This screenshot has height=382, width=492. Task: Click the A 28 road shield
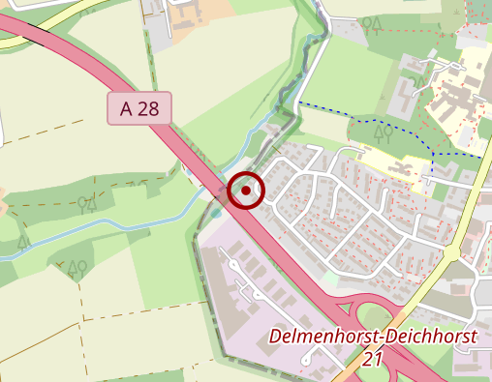coord(138,109)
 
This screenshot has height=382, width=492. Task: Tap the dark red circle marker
coord(247,190)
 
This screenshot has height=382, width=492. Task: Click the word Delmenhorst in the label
coord(324,338)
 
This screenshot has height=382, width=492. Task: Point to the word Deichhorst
coord(430,338)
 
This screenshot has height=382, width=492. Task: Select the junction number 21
coord(372,360)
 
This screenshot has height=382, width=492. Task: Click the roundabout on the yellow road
coord(450,251)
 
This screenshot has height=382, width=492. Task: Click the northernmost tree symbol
coord(371,24)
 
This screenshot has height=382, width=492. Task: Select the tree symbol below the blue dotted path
coord(383,132)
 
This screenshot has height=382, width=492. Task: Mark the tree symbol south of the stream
coord(76,267)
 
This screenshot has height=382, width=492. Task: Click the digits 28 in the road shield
coord(148,109)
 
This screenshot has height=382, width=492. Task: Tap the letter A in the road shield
coord(126,109)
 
